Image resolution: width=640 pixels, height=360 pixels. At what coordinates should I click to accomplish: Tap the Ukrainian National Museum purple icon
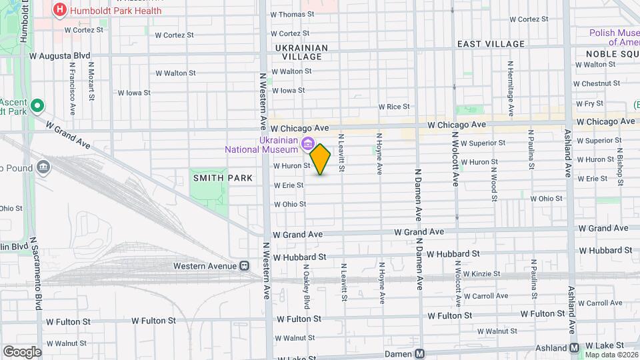307,143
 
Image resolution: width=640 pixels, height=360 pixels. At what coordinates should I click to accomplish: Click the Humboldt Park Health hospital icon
61,10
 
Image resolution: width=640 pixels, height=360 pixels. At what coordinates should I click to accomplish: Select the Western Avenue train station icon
245,266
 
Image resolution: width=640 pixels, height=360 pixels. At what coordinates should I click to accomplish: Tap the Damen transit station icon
419,354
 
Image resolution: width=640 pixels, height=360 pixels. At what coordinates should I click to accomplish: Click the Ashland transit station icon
575,348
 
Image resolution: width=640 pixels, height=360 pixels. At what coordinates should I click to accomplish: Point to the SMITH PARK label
223,178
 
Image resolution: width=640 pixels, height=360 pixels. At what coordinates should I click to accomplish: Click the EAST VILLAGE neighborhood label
491,44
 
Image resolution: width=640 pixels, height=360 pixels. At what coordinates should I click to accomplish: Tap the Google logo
22,351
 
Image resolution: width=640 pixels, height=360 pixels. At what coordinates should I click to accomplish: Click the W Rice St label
393,107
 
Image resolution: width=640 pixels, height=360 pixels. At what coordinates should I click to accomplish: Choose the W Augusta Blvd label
60,57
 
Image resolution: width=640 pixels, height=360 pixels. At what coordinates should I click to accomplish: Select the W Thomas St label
292,15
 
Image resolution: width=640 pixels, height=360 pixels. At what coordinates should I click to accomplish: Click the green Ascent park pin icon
37,105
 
